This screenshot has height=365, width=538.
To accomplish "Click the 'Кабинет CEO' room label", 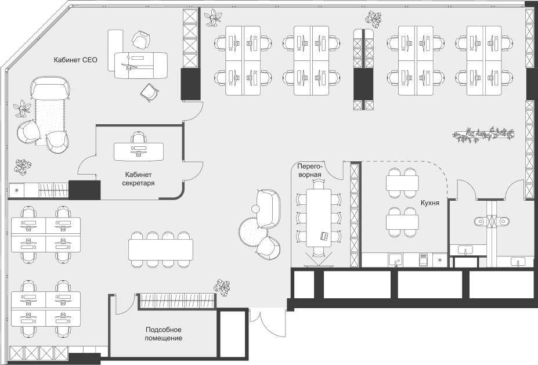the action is (x=75, y=60).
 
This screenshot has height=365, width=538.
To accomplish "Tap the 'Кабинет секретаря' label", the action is (x=138, y=179).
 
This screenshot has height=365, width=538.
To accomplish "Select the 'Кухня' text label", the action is (x=430, y=203).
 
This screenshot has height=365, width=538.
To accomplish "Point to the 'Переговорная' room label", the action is (x=309, y=171).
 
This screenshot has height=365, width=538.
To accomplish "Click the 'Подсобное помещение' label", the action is (x=163, y=334).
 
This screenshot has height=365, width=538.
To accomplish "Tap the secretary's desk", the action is (x=139, y=151).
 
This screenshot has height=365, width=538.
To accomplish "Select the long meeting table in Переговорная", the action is (x=319, y=218).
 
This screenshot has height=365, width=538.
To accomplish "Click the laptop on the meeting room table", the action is (x=324, y=236).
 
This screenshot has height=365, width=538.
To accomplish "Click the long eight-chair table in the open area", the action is (x=161, y=250).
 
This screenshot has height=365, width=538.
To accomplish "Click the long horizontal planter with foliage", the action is (x=483, y=135).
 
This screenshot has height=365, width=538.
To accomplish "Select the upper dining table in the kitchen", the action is (x=402, y=183).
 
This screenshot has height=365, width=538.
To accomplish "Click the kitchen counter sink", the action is (x=396, y=260).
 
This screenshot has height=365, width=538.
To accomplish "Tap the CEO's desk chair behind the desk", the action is (x=142, y=39).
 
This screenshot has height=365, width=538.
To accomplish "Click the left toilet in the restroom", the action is (x=481, y=221).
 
